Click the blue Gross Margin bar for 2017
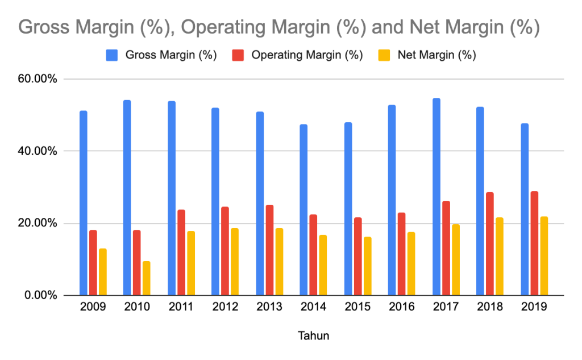coord(436,197)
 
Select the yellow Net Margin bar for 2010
coord(147,278)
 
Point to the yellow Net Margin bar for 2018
coord(499,256)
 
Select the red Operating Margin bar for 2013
coord(269,250)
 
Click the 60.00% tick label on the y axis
coord(37,79)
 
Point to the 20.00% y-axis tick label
coord(37,224)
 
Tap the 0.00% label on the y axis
coord(40,295)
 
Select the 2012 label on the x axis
coord(225,307)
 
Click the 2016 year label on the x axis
coord(401,307)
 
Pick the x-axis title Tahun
coord(313,336)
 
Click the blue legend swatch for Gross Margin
coord(112,55)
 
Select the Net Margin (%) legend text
coord(436,55)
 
